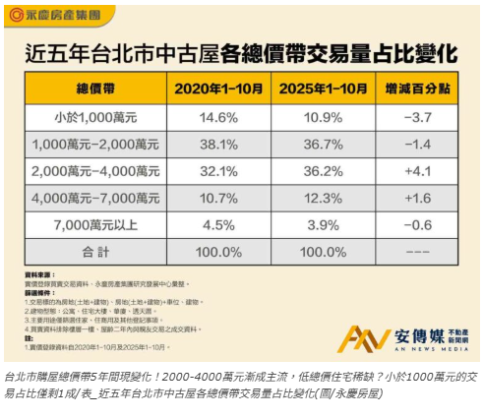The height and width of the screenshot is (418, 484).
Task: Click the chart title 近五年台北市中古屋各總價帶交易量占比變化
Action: coord(241,52)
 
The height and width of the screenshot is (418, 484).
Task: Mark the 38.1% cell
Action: coord(219,144)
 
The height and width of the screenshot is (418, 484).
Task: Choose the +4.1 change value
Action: coord(417,170)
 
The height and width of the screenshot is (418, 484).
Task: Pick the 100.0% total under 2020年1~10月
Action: coord(219,253)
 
